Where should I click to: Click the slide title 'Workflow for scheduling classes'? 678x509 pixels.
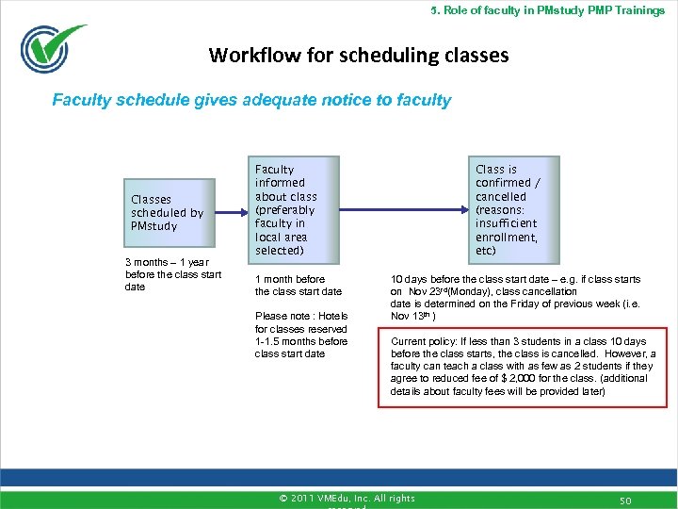pos(359,56)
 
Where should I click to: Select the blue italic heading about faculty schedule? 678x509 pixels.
pos(251,100)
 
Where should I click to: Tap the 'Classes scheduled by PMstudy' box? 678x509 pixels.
pos(168,213)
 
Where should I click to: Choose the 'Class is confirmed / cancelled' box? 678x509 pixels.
pos(508,210)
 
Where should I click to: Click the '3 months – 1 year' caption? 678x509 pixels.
pos(173,274)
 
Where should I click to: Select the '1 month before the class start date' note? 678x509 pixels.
pos(298,286)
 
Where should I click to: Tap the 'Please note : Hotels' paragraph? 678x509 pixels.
pos(300,335)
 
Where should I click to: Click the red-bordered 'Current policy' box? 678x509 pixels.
pos(523,366)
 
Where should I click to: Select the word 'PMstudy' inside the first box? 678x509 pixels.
pos(154,226)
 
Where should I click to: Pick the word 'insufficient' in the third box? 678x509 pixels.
pos(507,224)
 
